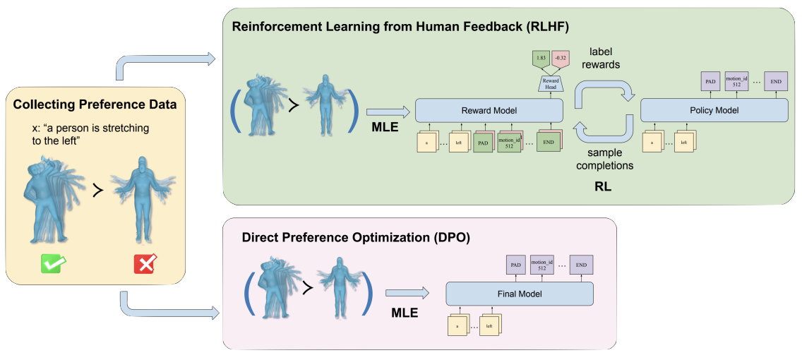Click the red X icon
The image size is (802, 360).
(145, 265)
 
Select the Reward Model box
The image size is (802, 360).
(489, 110)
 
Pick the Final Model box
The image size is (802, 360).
(520, 294)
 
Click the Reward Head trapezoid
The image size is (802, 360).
(551, 83)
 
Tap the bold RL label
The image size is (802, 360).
(602, 188)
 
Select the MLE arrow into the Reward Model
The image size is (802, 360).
(388, 110)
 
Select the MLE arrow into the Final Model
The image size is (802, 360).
(407, 293)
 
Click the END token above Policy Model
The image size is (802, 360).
(775, 82)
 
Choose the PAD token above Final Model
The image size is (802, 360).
(517, 265)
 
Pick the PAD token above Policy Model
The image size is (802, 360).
(710, 82)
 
